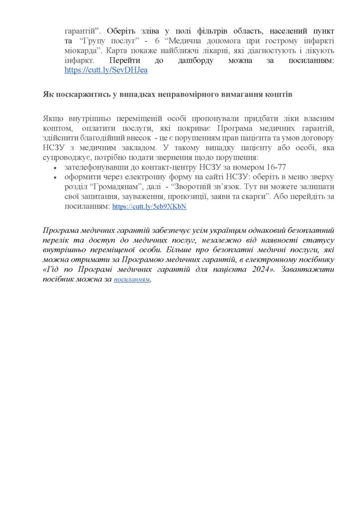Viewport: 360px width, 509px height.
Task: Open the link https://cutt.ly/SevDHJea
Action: [106, 70]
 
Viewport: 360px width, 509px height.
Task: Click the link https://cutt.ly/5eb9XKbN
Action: [149, 207]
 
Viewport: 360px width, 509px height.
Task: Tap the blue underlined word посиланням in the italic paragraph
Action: [132, 280]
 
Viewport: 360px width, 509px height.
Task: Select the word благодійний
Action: [106, 138]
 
